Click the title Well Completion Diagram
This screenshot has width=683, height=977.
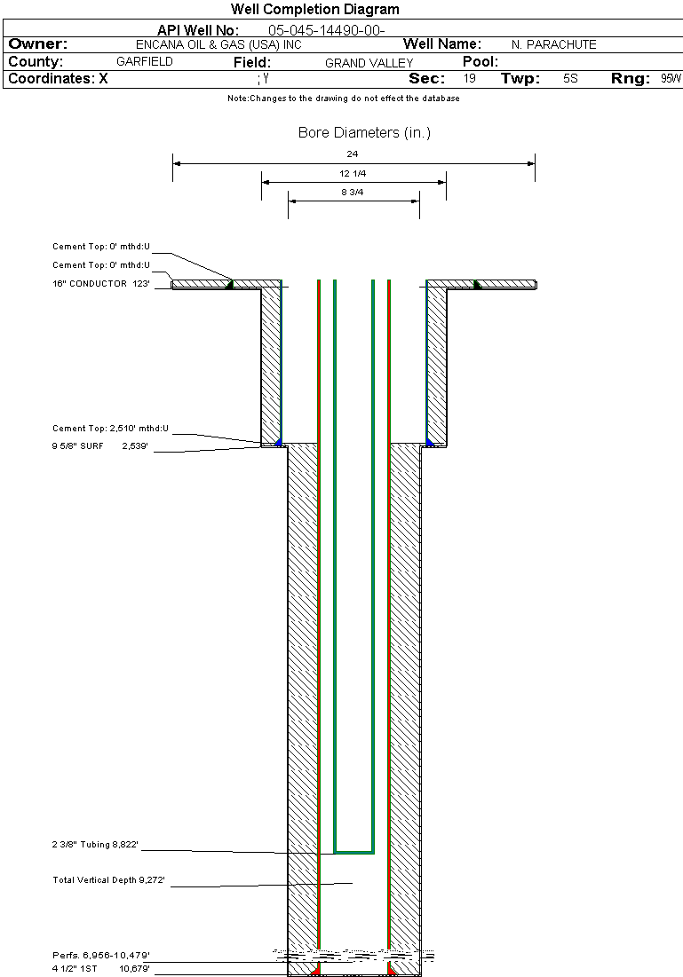coord(315,10)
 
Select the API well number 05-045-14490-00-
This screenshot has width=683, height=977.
coord(326,30)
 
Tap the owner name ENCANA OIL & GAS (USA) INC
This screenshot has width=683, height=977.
coord(218,45)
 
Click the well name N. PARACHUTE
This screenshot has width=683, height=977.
coord(554,45)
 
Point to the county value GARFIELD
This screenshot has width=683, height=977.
coord(145,62)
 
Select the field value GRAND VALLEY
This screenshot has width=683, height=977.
coord(369,63)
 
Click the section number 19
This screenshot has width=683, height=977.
coord(470,78)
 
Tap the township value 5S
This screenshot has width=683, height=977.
coord(571,78)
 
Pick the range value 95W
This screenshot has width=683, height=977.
coord(671,78)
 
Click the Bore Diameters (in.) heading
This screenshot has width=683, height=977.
coord(364,133)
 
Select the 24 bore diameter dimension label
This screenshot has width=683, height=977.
coord(353,154)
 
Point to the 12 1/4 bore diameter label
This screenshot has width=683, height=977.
coord(353,174)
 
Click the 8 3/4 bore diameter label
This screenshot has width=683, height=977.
coord(353,193)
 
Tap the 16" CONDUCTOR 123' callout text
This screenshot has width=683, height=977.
coord(101,283)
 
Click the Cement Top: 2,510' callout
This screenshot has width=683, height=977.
coord(110,429)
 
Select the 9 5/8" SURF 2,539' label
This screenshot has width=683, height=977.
coord(99,446)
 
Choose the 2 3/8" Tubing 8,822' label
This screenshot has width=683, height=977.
coord(95,845)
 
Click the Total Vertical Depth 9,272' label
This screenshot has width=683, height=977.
coord(108,880)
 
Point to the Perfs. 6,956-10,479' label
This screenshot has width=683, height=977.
coord(101,956)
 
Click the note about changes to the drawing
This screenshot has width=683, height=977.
coord(344,98)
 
